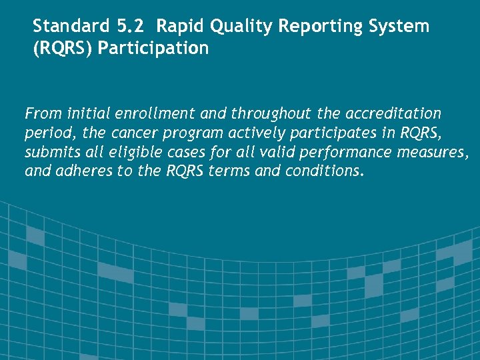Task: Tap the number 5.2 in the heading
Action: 127,27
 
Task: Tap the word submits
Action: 51,152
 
